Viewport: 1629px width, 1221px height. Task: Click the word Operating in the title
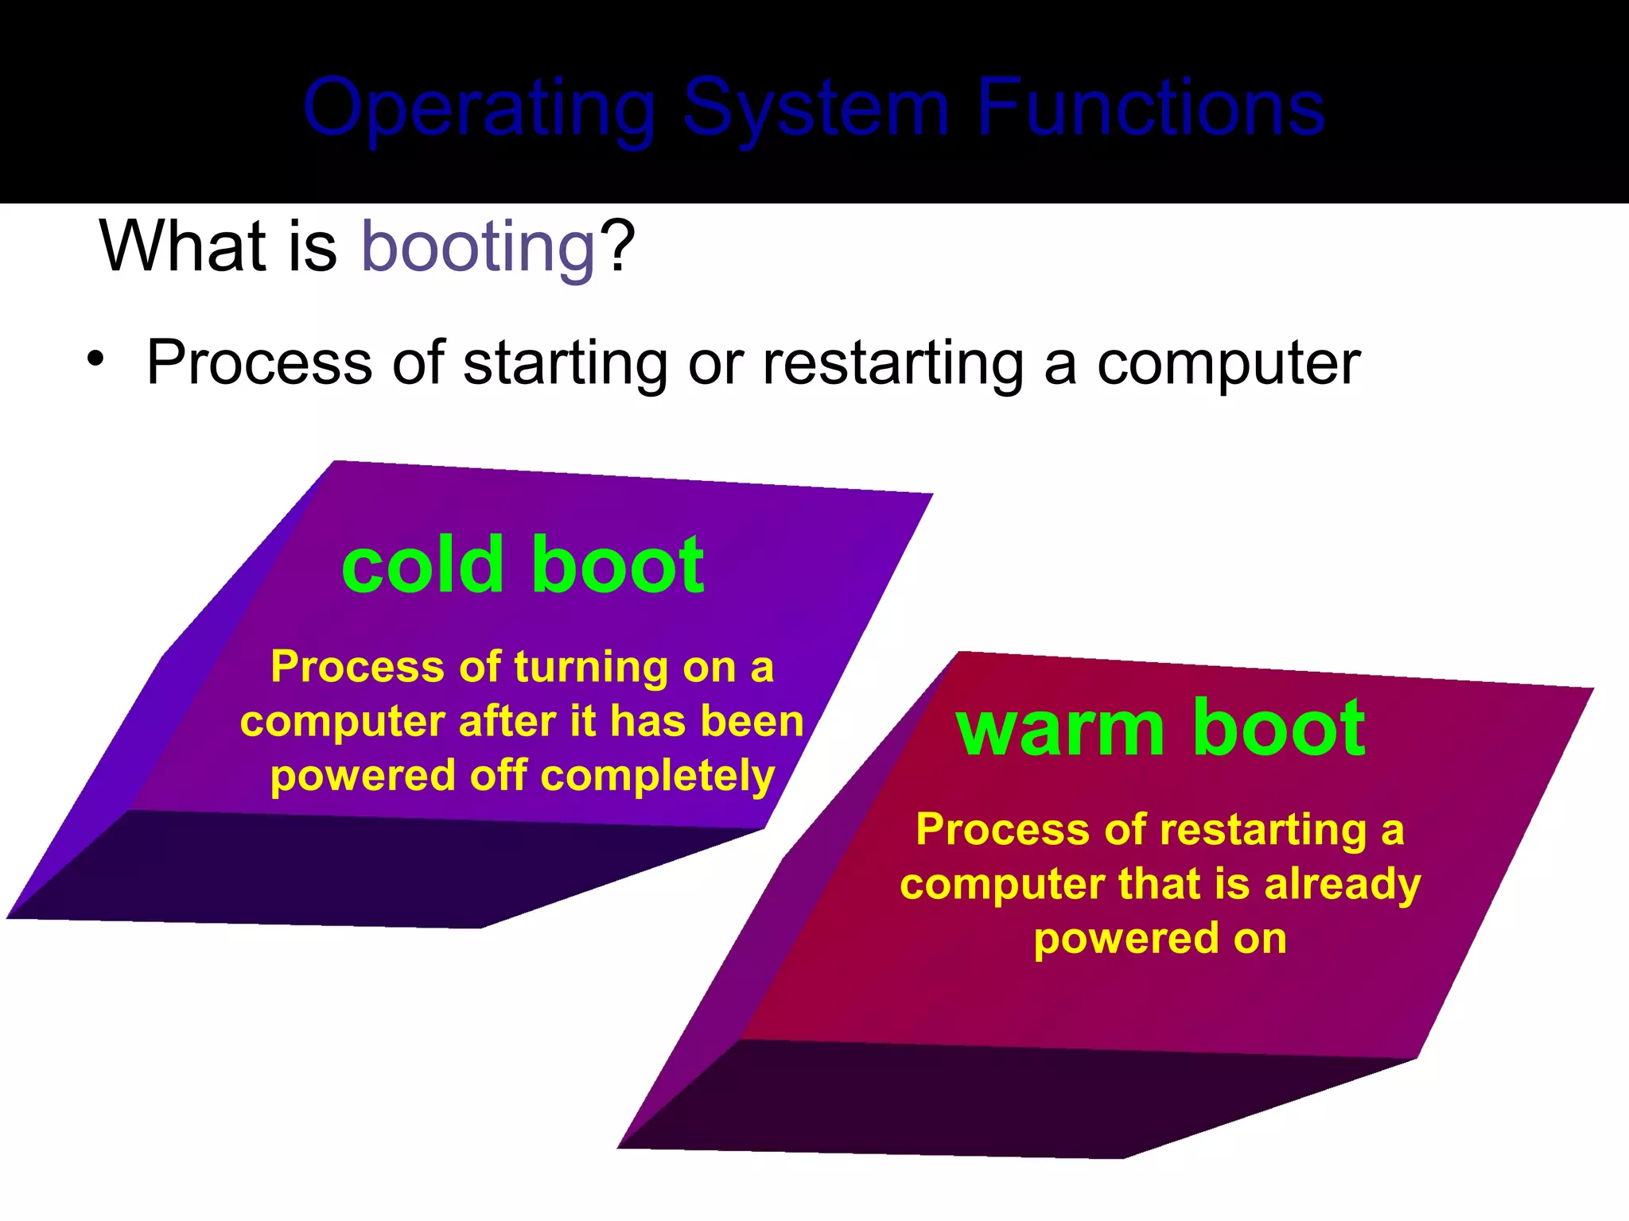coord(480,109)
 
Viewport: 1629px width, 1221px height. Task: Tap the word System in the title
coord(816,109)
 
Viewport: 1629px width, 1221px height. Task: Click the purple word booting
coord(478,247)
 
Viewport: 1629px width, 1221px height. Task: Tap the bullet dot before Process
coord(96,359)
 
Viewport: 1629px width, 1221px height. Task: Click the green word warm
coord(1059,728)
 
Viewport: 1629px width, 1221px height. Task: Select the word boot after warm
coord(1279,727)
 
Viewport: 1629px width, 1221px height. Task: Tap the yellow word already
coord(1342,885)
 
